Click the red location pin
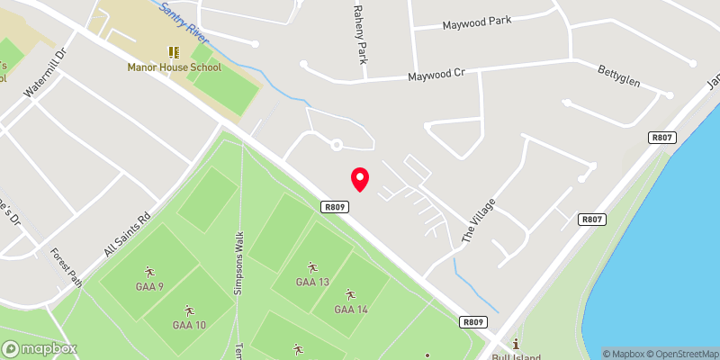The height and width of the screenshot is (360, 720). [x=360, y=178]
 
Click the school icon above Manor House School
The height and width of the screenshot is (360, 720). [x=173, y=53]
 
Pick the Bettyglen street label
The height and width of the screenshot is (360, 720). [x=619, y=76]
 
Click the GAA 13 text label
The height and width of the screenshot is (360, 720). [x=312, y=282]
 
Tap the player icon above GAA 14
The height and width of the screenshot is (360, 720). [x=351, y=295]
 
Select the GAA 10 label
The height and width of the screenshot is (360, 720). [x=189, y=325]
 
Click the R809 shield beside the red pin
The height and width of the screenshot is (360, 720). [x=334, y=207]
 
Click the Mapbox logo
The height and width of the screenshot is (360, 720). [x=40, y=348]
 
